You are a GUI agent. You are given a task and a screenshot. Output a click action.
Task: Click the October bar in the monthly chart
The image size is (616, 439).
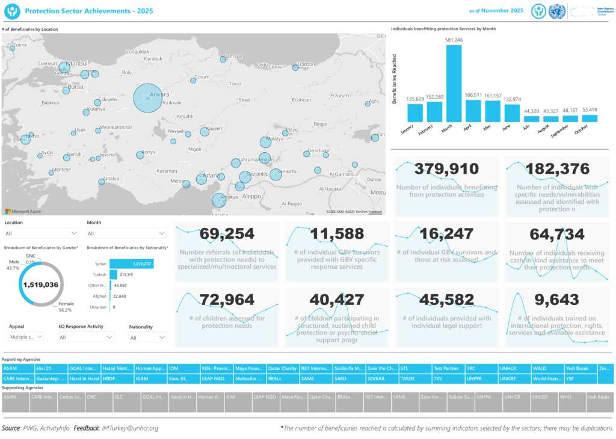(589, 118)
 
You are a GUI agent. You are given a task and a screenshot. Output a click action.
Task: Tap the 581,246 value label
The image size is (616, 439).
(454, 40)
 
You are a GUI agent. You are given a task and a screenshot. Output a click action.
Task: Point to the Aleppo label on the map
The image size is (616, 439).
(252, 196)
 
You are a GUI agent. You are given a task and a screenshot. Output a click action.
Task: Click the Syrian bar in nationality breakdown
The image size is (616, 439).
(131, 263)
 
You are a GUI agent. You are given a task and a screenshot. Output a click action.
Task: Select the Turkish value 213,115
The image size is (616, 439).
(127, 274)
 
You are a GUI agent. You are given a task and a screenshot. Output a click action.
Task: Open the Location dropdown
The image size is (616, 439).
(41, 233)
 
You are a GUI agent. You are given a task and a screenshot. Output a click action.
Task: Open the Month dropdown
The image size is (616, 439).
(126, 233)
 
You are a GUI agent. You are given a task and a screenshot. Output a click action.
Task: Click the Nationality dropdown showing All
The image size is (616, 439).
(147, 338)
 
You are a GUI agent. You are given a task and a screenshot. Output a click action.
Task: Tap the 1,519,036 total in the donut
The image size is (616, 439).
(40, 284)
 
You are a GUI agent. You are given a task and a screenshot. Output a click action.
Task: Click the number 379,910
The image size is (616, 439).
(446, 170)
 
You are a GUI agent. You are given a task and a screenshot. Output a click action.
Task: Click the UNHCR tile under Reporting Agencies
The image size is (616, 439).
(513, 368)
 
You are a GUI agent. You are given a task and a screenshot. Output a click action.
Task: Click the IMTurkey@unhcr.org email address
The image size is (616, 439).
(130, 428)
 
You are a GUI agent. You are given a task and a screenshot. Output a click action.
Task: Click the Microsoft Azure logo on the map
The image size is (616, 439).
(19, 211)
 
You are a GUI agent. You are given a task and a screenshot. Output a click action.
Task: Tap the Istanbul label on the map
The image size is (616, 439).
(77, 63)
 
